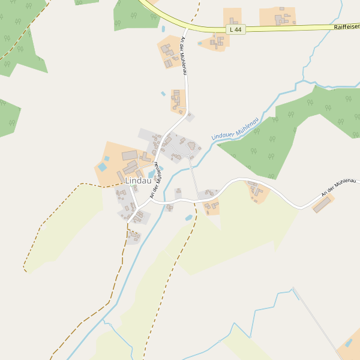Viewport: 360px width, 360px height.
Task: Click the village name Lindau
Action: (138, 181)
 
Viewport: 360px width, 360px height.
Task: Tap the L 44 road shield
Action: (237, 29)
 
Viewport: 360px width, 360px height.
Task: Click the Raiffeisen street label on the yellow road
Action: (346, 27)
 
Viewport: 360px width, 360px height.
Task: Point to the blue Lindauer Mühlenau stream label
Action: (235, 128)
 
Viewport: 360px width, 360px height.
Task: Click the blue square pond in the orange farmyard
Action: (102, 166)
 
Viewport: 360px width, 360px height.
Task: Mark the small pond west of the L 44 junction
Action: (163, 28)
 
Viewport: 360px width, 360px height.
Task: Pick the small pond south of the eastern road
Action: (188, 217)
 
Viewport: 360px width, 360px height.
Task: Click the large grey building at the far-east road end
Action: (322, 205)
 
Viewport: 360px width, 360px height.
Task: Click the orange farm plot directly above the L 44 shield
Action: (233, 16)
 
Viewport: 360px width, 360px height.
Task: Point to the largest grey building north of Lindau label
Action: (130, 155)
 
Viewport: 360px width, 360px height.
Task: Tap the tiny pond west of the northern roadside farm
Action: (163, 94)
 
